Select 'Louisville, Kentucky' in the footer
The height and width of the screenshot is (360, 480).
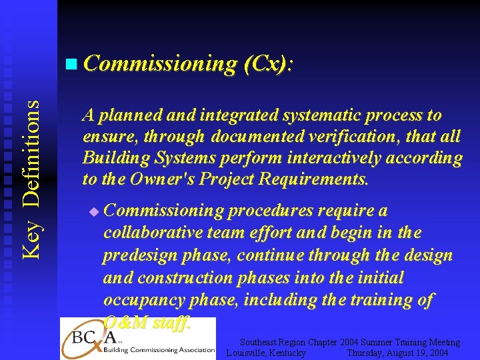pos(266,353)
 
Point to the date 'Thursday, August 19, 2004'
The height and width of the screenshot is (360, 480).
pos(397,353)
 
